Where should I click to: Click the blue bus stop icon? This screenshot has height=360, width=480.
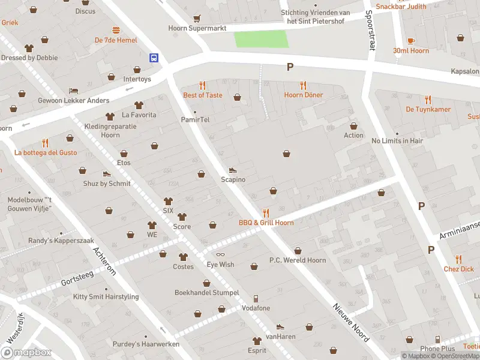[x=154, y=58]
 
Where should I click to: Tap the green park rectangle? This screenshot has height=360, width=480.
[x=261, y=39]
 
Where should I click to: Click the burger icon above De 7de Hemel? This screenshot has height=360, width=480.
[x=116, y=30]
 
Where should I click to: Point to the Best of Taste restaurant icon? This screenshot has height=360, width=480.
[x=202, y=85]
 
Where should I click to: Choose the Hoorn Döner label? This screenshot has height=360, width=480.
[x=303, y=95]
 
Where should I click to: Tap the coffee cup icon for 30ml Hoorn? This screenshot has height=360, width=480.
[x=411, y=41]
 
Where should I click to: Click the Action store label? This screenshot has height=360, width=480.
[x=353, y=135]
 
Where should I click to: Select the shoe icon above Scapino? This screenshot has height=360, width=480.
[x=233, y=170]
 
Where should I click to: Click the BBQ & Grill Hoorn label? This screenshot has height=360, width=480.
[x=266, y=223]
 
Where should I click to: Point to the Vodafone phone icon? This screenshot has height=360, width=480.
[x=256, y=298]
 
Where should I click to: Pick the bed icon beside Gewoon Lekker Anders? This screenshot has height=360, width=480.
[x=73, y=90]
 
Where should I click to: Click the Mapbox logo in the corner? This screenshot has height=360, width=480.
[x=26, y=352]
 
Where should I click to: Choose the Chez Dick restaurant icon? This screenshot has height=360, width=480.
[x=459, y=259]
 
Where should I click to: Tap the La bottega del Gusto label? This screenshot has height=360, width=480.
[x=46, y=152]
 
